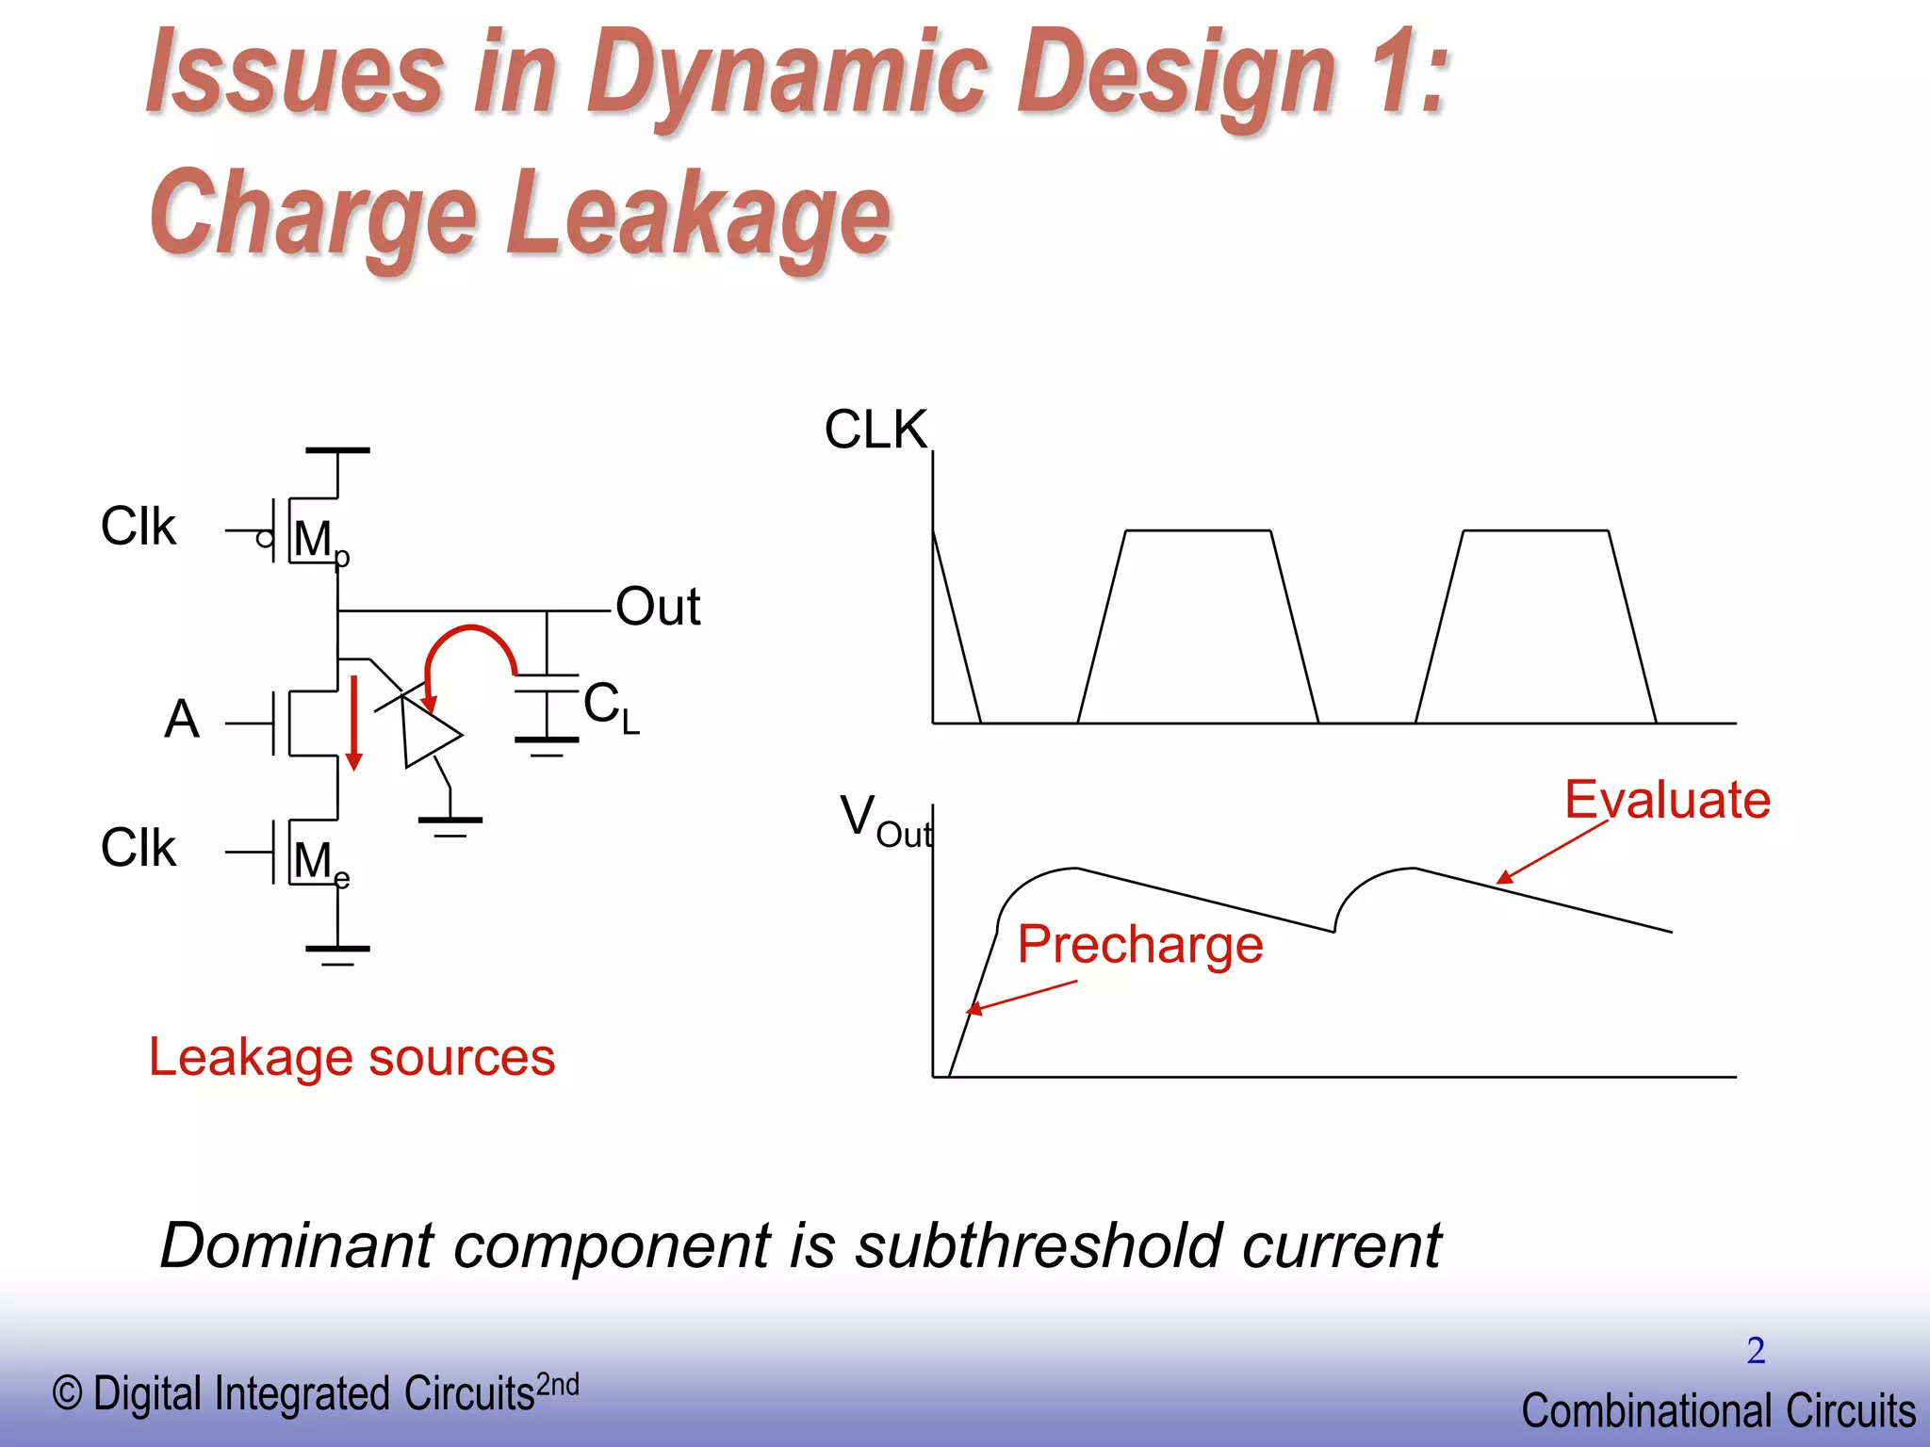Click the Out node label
pyautogui.click(x=658, y=607)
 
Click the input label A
pyautogui.click(x=182, y=719)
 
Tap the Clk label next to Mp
pyautogui.click(x=139, y=526)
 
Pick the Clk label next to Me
pyautogui.click(x=139, y=847)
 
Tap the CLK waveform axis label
pyautogui.click(x=875, y=430)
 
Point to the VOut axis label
pyautogui.click(x=884, y=820)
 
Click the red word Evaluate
pyautogui.click(x=1667, y=800)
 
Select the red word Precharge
pyautogui.click(x=1140, y=944)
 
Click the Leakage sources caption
pyautogui.click(x=352, y=1057)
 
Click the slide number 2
pyautogui.click(x=1756, y=1350)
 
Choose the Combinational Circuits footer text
pyautogui.click(x=1718, y=1410)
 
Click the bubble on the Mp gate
pyautogui.click(x=265, y=539)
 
